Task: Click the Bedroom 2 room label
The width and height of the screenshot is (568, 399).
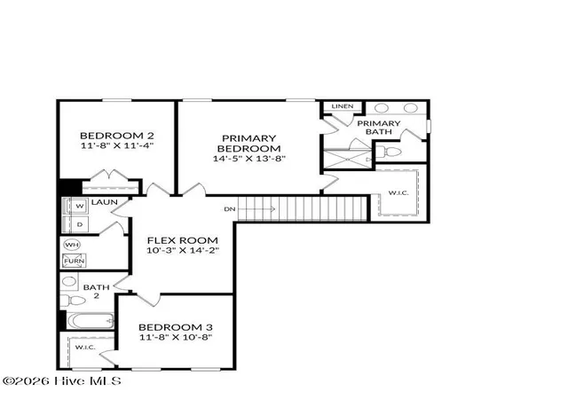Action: pyautogui.click(x=116, y=136)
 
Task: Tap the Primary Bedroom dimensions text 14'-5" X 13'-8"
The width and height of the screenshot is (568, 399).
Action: pyautogui.click(x=249, y=158)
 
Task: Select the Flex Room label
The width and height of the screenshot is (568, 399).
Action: pyautogui.click(x=183, y=240)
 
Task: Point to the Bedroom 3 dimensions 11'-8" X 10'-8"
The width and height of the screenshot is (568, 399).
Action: pyautogui.click(x=176, y=338)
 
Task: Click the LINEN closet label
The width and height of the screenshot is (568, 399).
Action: pyautogui.click(x=343, y=106)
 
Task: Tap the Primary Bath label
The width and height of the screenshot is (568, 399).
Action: pyautogui.click(x=379, y=128)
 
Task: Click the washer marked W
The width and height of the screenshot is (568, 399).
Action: pyautogui.click(x=79, y=206)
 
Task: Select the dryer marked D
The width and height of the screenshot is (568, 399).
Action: pyautogui.click(x=79, y=224)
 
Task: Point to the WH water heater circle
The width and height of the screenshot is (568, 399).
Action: pyautogui.click(x=72, y=245)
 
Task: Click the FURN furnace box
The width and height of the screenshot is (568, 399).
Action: pyautogui.click(x=75, y=261)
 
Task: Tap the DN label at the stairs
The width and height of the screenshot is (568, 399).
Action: pyautogui.click(x=230, y=209)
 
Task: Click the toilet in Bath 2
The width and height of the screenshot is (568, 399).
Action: pyautogui.click(x=73, y=301)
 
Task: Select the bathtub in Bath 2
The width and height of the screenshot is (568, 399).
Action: pyautogui.click(x=91, y=321)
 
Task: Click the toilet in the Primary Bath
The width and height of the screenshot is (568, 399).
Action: pyautogui.click(x=389, y=152)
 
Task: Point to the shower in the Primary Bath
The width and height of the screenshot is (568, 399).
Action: pyautogui.click(x=347, y=159)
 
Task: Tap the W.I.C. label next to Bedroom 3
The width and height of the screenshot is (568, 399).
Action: pyautogui.click(x=85, y=348)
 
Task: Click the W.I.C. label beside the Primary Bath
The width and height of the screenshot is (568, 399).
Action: pyautogui.click(x=398, y=192)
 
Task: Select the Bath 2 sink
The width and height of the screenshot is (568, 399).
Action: pyautogui.click(x=69, y=281)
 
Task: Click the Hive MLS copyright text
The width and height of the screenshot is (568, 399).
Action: pyautogui.click(x=62, y=381)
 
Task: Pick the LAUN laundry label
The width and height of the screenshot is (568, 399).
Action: pyautogui.click(x=105, y=202)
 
